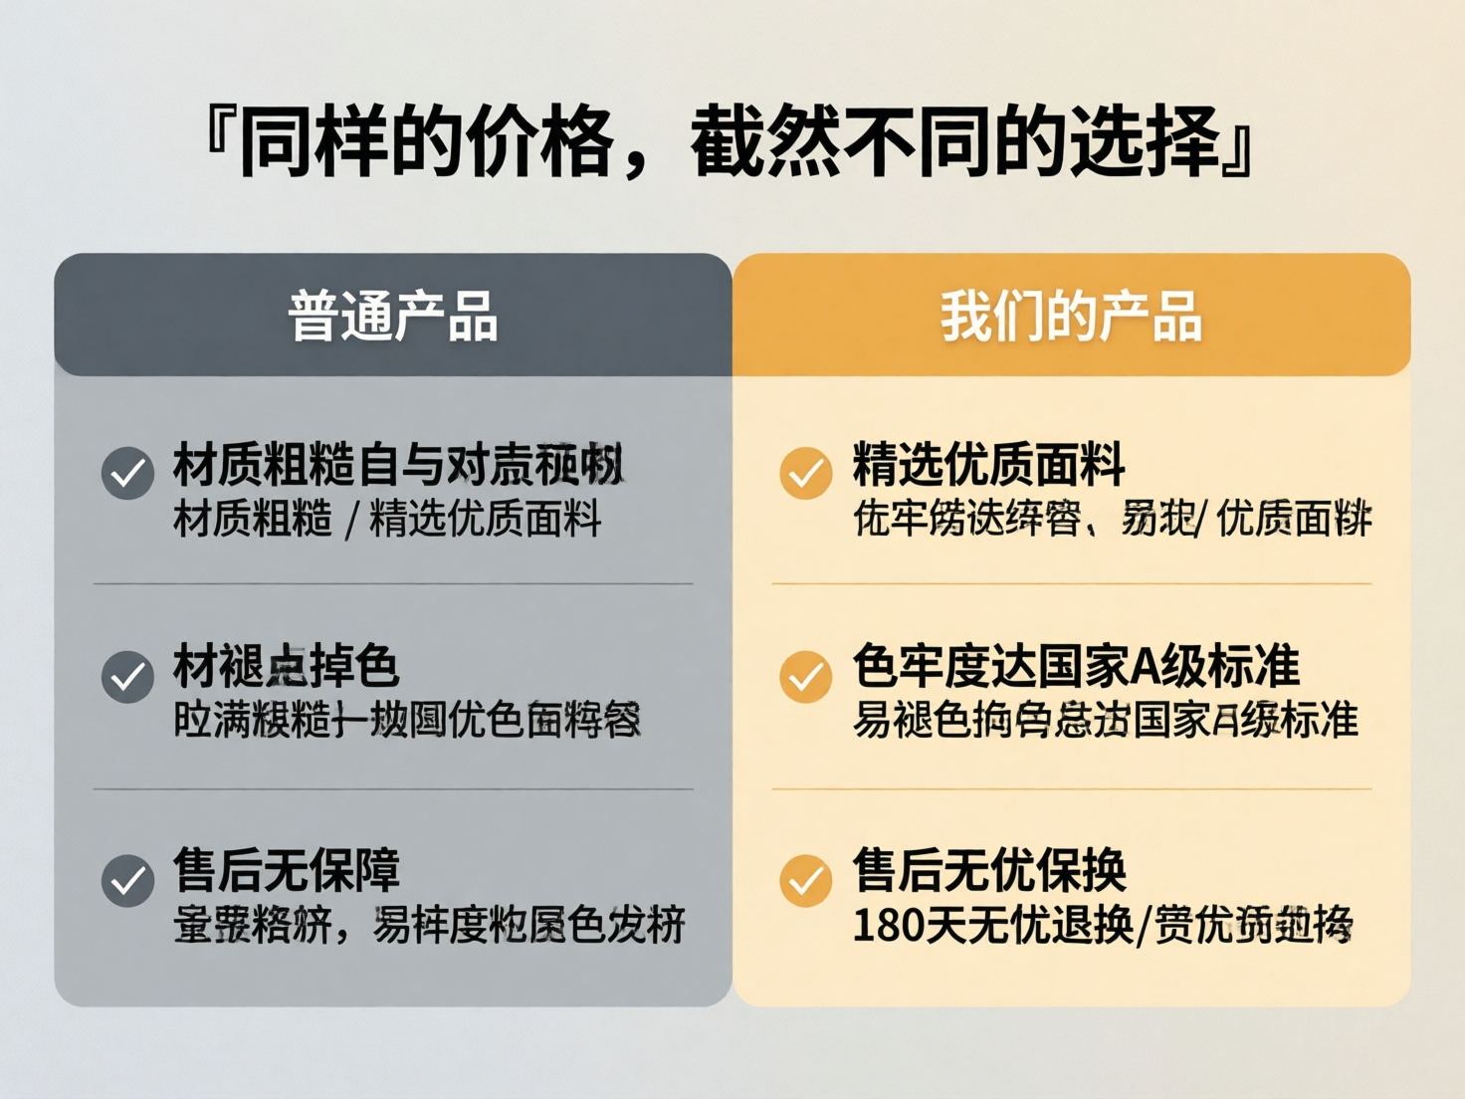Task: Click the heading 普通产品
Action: click(x=393, y=317)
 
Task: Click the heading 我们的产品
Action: click(x=1071, y=317)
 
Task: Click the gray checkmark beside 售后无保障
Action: click(x=127, y=881)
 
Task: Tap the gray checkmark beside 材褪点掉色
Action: click(x=127, y=677)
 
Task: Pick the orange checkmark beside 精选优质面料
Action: click(x=806, y=473)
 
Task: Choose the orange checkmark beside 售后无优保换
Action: click(x=806, y=881)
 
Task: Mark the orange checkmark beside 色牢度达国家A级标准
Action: click(x=806, y=677)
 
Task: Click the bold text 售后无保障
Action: click(x=287, y=870)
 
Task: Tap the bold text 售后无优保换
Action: click(x=989, y=870)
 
